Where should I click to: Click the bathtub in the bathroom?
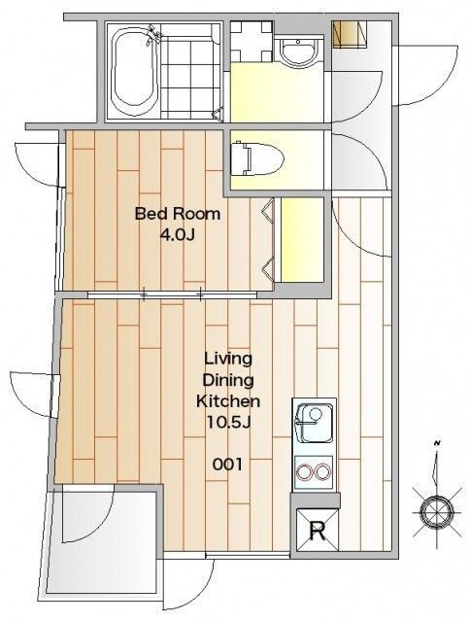pos(133,71)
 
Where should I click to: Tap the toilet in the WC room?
pos(257,159)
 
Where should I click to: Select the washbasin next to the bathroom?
pos(298,52)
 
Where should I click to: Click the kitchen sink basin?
pos(315,424)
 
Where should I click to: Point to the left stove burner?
pos(306,472)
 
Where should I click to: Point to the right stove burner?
pos(322,472)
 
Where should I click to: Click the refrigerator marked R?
pos(318,531)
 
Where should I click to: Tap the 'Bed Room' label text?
pos(178,214)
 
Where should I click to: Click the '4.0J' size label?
pos(177,235)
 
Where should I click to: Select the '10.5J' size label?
pos(228,423)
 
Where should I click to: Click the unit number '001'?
pos(227,464)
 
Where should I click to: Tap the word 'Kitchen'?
pos(228,401)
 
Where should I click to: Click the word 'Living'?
pos(228,360)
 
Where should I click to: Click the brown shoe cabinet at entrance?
pos(350,34)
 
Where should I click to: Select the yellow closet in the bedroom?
pos(302,240)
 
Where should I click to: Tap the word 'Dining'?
pos(228,381)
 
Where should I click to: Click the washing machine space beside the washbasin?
pos(252,41)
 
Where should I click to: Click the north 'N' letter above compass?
pos(437,443)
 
